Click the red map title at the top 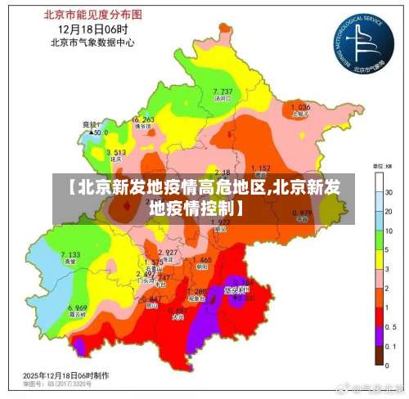point(91,15)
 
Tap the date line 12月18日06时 point(91,29)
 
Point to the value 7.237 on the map point(222,91)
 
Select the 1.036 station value point(300,107)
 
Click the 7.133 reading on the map point(70,255)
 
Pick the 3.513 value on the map point(115,153)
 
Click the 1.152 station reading point(260,168)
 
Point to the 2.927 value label point(168,252)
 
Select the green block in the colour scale point(380,239)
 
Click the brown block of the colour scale point(380,355)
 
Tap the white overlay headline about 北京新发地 point(204,197)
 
